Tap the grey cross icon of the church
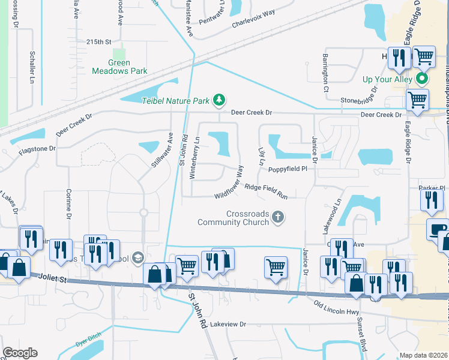pos(277,217)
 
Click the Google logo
pos(20,352)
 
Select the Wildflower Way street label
pos(230,184)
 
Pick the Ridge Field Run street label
pos(265,191)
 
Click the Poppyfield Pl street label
pos(288,169)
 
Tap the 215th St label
pos(99,42)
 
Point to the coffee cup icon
pos(438,229)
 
